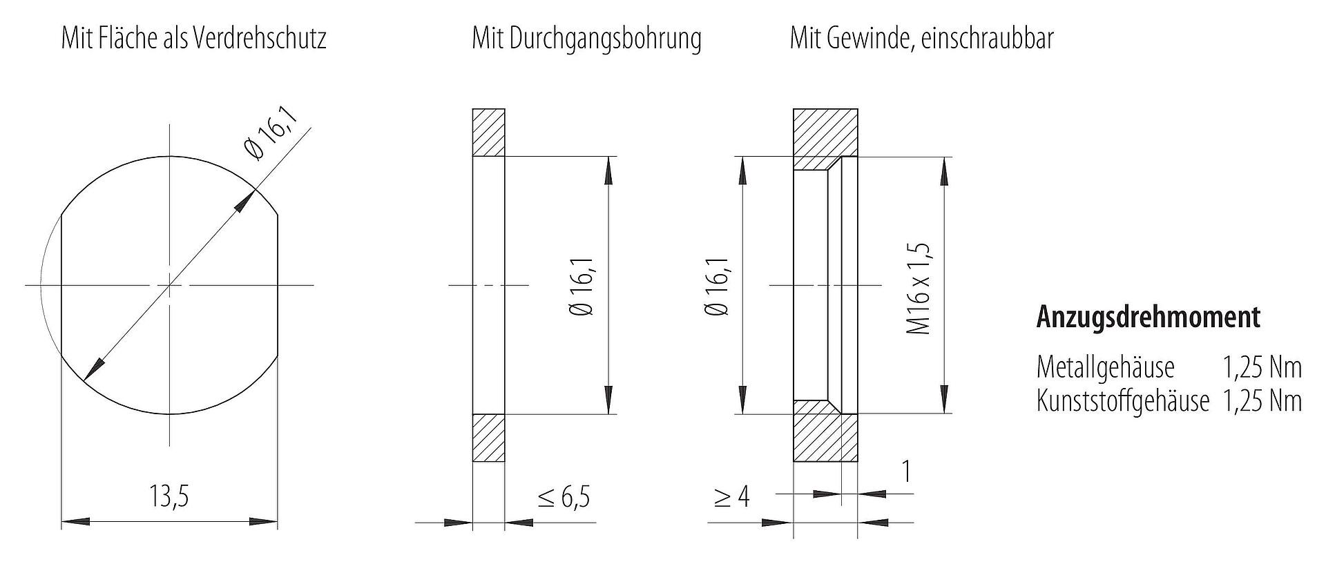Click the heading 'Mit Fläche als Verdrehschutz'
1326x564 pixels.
tap(193, 38)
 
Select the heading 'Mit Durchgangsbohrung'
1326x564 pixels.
tap(586, 39)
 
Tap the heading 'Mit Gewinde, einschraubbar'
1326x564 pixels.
tap(922, 38)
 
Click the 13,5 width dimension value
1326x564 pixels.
tap(169, 496)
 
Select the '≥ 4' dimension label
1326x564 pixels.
tap(732, 497)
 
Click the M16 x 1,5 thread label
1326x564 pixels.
tap(919, 289)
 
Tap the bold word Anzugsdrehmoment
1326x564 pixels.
tap(1148, 317)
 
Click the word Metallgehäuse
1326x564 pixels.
tap(1105, 367)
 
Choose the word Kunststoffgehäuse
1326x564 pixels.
tap(1123, 401)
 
